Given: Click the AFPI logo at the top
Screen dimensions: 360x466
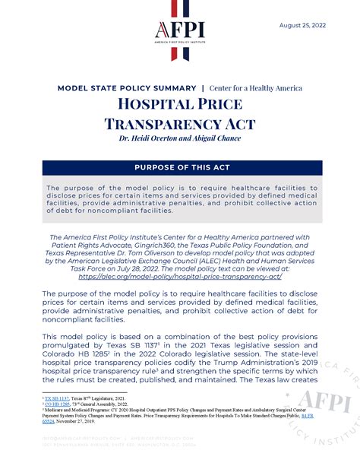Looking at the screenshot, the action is pyautogui.click(x=180, y=30).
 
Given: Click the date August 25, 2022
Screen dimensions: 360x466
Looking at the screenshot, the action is pyautogui.click(x=304, y=24).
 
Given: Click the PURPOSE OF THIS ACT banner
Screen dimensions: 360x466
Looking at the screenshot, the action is pyautogui.click(x=180, y=168).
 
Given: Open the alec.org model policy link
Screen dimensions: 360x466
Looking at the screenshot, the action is pyautogui.click(x=180, y=276).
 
